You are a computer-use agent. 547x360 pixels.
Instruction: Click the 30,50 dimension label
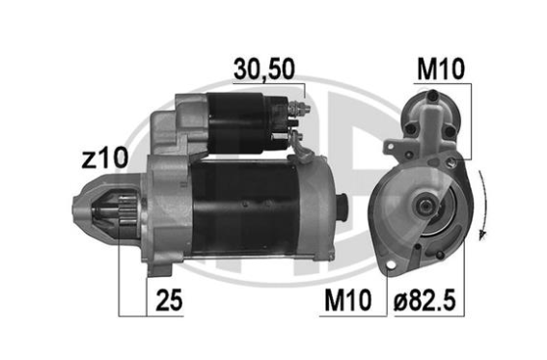pos(264,69)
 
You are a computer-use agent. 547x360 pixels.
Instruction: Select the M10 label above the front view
pos(441,69)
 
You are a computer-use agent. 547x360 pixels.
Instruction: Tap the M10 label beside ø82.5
pos(348,300)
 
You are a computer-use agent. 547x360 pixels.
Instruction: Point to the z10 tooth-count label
pos(105,158)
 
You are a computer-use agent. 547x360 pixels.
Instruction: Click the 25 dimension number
pos(169,300)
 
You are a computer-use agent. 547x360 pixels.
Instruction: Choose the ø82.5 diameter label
pos(424,300)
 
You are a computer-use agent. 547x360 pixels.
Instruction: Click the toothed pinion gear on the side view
pos(127,211)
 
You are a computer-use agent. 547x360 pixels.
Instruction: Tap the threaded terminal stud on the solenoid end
pos(300,107)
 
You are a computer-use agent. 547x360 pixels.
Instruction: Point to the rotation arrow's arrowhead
pos(482,235)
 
